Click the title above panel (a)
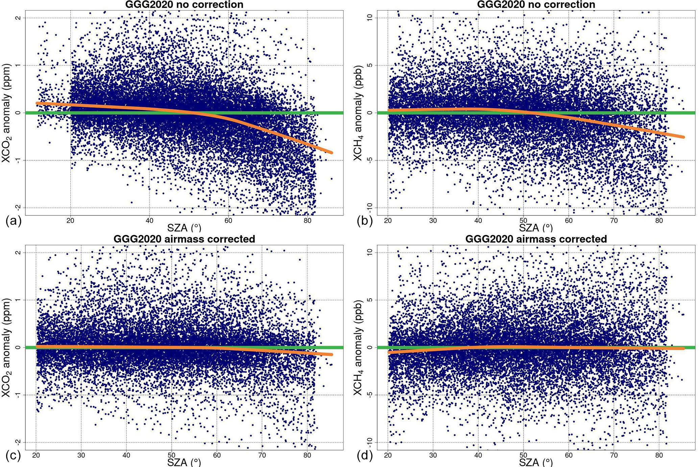click(x=184, y=4)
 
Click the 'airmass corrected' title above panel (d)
click(x=536, y=239)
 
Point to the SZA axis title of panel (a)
click(x=182, y=228)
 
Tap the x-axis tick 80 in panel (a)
click(x=307, y=221)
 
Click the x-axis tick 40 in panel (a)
click(x=149, y=221)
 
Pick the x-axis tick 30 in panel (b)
click(x=433, y=221)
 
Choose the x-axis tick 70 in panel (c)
click(x=262, y=455)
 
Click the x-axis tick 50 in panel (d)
click(x=523, y=455)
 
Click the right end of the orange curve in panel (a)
click(x=332, y=153)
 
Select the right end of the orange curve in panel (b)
click(x=683, y=137)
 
